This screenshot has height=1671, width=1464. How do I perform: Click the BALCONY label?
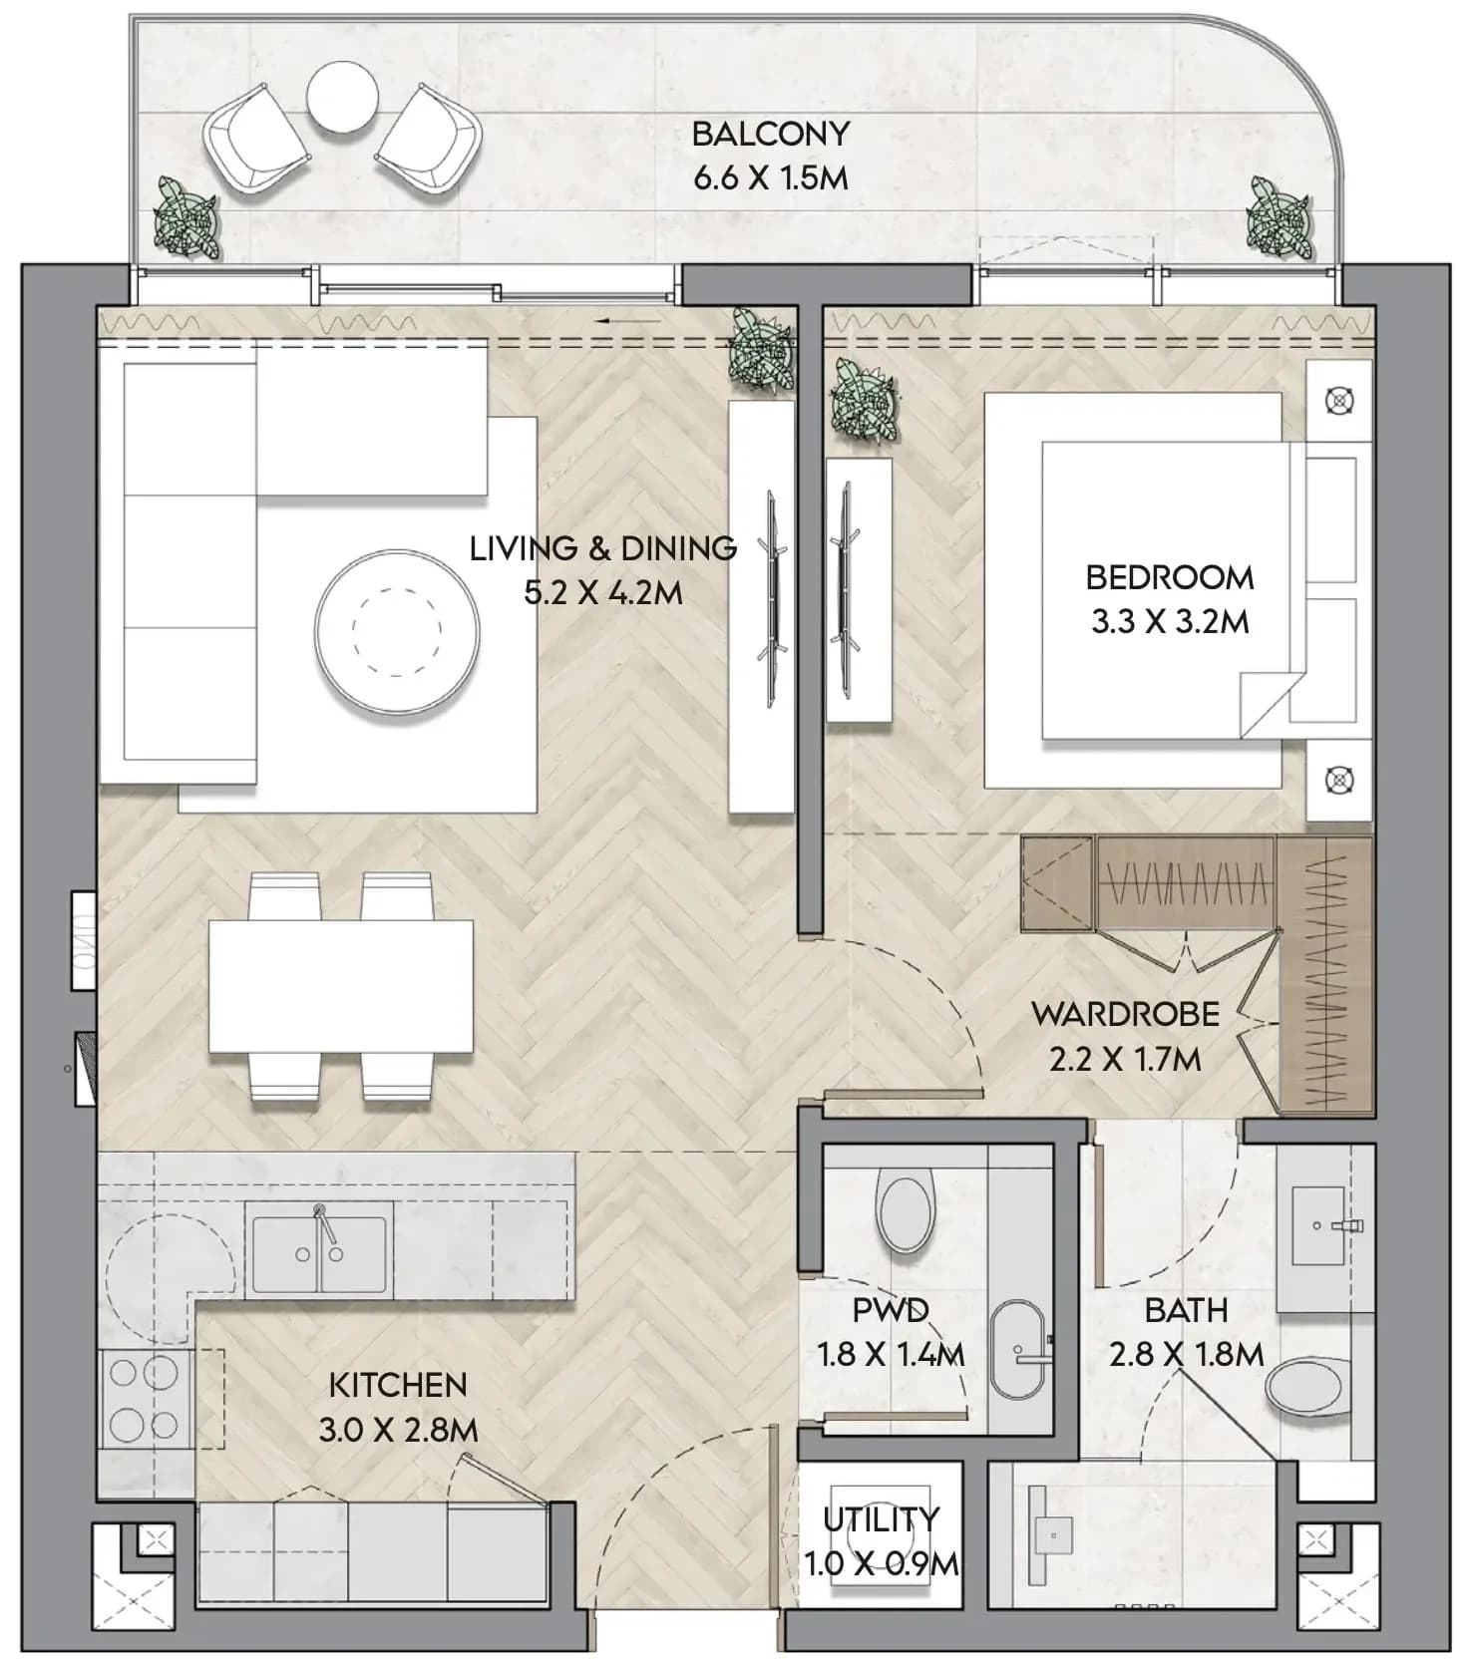[770, 133]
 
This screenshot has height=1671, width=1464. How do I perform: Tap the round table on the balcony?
[342, 97]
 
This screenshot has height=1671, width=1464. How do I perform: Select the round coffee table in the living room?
[397, 632]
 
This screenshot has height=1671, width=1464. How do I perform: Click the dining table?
[340, 985]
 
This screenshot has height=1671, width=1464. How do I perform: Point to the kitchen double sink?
[319, 1253]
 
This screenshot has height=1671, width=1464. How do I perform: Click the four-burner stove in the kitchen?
[144, 1398]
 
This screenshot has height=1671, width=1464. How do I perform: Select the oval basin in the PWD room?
[1018, 1350]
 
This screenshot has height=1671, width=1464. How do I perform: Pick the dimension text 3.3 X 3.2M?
[1170, 622]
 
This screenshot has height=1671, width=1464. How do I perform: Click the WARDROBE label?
[1126, 1014]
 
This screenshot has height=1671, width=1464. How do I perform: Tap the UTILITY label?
[882, 1518]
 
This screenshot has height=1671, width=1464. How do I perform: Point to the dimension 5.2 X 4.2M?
[603, 593]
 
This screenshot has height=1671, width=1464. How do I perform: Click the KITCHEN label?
[398, 1385]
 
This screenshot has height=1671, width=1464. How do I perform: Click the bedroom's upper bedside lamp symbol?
[1339, 401]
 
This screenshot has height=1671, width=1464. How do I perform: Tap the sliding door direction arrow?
[628, 321]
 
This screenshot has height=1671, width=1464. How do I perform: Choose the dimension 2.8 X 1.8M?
[1187, 1354]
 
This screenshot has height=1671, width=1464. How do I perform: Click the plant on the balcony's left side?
[185, 218]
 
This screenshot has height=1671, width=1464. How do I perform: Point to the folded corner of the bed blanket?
[1267, 704]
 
